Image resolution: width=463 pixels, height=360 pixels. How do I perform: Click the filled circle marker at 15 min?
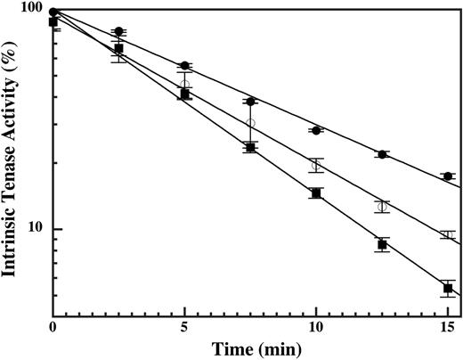coord(448,176)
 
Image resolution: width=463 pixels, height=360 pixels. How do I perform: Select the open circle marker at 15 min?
coord(448,235)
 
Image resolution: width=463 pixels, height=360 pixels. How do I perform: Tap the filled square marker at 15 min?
coord(448,288)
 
